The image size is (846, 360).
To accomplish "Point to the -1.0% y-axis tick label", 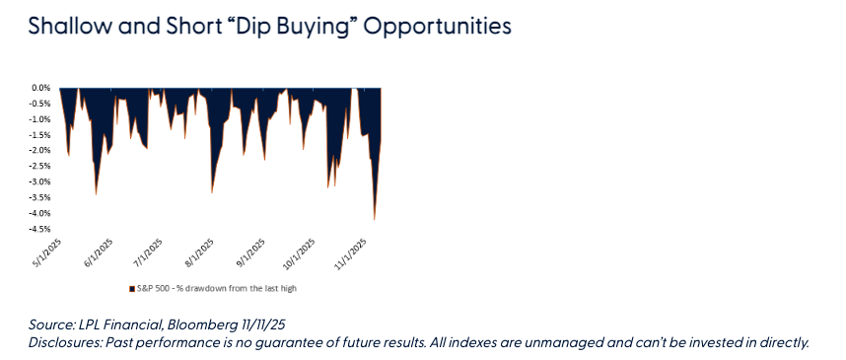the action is pyautogui.click(x=42, y=119).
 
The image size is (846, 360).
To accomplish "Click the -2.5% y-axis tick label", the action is pyautogui.click(x=42, y=166).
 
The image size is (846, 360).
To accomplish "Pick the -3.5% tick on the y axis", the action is pyautogui.click(x=42, y=197).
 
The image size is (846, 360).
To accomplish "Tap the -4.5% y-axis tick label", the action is pyautogui.click(x=42, y=228).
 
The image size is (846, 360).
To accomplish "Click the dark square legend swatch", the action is pyautogui.click(x=131, y=289).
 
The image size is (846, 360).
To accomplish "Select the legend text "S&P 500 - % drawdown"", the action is pyautogui.click(x=171, y=289).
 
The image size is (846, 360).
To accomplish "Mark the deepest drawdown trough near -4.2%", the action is pyautogui.click(x=374, y=219).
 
